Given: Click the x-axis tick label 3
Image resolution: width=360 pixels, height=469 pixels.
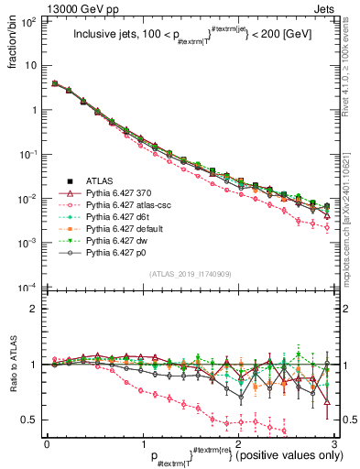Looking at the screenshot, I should tap(334, 444).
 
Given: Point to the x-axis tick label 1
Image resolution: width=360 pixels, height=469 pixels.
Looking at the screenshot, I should tap(142, 444).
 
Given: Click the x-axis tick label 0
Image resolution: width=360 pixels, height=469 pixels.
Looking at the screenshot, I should tap(47, 444).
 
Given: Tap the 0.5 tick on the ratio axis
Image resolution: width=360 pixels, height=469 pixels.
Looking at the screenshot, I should tap(32, 420).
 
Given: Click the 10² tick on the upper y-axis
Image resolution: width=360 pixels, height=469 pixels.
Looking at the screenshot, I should tap(30, 21).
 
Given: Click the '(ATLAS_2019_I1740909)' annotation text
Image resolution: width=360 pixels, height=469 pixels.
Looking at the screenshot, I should tap(191, 274).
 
